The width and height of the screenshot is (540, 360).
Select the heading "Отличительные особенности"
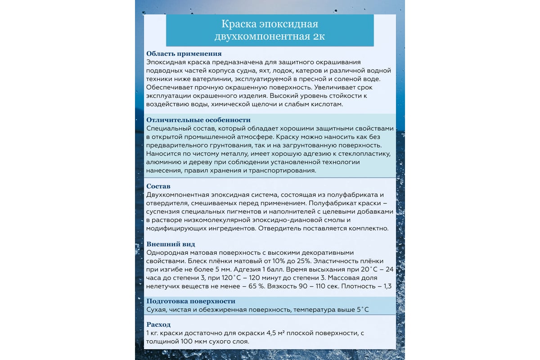(x=198, y=120)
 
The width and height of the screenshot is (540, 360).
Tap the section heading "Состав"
(x=158, y=186)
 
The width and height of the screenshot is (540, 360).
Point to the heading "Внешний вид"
(x=171, y=244)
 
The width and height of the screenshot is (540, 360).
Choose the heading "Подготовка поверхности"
(x=191, y=301)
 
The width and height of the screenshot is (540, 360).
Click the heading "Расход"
(x=159, y=324)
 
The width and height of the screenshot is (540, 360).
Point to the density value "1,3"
(x=387, y=286)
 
